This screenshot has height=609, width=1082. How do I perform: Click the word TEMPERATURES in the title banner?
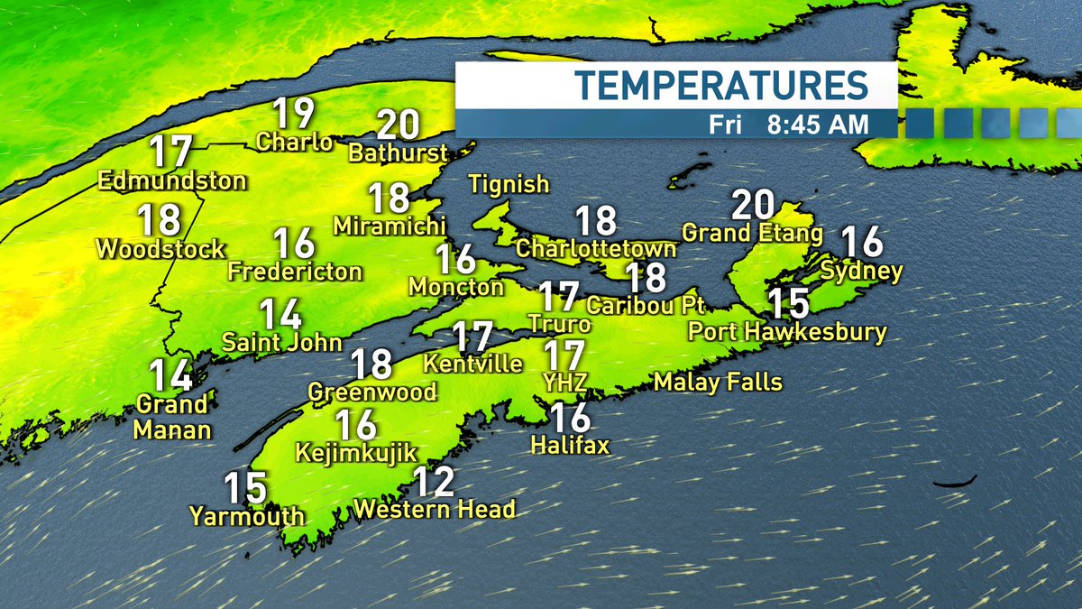click(721, 85)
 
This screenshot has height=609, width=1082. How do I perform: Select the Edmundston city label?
click(172, 180)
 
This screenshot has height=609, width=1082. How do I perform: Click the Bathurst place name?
click(398, 152)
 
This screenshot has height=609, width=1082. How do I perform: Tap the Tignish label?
click(509, 184)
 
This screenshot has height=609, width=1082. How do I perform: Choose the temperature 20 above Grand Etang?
click(753, 205)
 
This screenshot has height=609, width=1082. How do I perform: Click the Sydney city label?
click(861, 271)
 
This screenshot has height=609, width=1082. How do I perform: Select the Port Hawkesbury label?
click(787, 332)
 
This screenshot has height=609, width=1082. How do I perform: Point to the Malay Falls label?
click(718, 382)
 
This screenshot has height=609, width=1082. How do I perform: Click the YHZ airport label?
click(566, 383)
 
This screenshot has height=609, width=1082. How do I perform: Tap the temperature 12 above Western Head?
click(432, 482)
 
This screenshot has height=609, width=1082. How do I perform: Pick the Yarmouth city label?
click(246, 517)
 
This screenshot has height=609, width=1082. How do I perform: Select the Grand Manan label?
click(172, 416)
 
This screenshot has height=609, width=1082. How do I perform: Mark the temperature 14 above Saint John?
click(280, 314)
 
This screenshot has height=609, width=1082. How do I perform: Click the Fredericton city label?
click(295, 271)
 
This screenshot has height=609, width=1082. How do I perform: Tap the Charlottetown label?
click(596, 248)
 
